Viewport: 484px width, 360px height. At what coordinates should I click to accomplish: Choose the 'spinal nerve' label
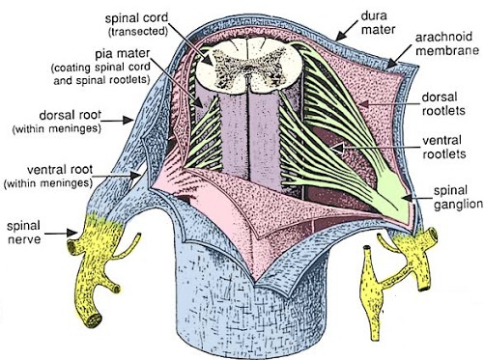(23, 232)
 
